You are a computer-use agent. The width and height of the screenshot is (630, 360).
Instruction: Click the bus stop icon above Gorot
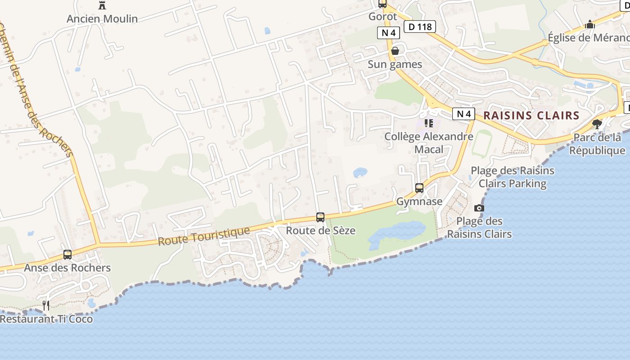[382, 4]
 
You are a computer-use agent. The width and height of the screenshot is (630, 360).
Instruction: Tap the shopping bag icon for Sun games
[395, 51]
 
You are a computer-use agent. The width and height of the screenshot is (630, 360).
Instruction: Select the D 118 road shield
[420, 27]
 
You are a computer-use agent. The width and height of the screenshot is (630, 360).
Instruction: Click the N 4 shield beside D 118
[388, 32]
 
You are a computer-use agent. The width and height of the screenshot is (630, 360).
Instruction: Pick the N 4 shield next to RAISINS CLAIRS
[464, 114]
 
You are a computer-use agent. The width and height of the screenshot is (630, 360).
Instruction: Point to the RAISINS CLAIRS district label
[531, 115]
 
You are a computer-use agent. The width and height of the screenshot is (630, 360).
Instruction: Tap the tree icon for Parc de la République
[597, 124]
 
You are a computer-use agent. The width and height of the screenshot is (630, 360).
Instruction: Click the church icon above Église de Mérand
[590, 25]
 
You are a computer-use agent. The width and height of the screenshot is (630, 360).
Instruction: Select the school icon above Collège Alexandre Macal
[429, 123]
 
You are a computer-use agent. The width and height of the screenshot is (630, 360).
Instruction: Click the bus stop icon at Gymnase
[419, 188]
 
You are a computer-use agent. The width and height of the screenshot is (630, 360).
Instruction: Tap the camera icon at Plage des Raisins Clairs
[479, 208]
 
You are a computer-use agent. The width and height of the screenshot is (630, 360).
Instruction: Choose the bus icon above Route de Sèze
[320, 217]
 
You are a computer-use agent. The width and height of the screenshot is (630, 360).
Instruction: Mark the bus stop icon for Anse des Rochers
[67, 255]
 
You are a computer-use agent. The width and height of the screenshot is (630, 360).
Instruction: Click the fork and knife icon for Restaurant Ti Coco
[46, 306]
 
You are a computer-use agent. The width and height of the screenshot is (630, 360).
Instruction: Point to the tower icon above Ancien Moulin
[102, 5]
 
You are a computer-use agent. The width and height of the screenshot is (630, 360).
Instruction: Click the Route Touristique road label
[204, 236]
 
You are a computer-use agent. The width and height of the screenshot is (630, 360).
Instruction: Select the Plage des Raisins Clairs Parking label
[513, 177]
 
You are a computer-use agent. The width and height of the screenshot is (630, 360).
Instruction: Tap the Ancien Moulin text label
[102, 19]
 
